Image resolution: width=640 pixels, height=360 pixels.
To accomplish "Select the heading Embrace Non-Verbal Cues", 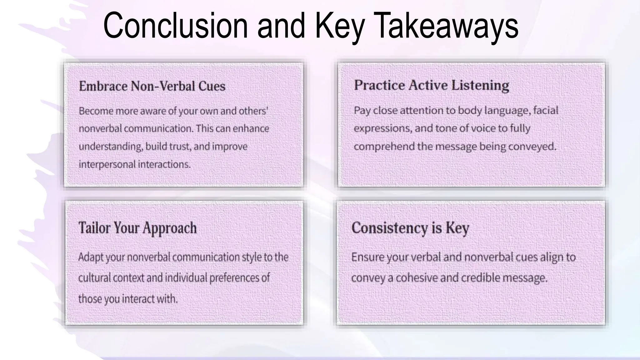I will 152,86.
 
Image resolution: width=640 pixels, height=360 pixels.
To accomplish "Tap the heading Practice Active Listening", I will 431,85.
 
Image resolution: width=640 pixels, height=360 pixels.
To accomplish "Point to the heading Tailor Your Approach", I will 137,228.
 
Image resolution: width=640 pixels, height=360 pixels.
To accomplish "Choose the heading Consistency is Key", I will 410,228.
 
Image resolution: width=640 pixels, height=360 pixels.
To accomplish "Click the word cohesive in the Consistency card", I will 416,278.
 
